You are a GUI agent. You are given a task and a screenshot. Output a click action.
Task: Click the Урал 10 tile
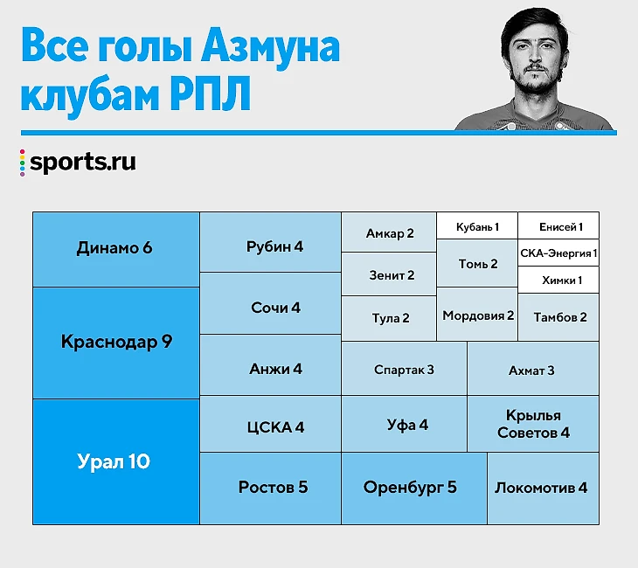116,461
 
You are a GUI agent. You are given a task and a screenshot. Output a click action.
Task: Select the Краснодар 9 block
116,343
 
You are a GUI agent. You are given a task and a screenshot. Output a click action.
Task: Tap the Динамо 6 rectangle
116,249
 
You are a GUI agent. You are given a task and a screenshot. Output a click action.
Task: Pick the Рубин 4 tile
271,242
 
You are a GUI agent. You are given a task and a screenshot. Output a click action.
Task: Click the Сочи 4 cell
271,303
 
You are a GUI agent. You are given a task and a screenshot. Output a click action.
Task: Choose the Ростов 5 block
271,488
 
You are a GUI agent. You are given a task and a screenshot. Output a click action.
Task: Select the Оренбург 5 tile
414,488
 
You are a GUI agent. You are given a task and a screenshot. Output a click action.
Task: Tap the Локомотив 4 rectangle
544,488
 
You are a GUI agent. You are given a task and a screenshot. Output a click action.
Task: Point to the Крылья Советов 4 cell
533,424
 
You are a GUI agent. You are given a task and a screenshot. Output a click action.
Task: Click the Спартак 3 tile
404,368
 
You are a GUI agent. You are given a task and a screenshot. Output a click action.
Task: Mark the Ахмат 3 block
533,368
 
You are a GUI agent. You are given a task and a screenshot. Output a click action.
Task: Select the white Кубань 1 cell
477,225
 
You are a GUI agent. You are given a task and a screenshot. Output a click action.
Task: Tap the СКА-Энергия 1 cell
558,253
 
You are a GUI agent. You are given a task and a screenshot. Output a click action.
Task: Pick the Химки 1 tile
558,280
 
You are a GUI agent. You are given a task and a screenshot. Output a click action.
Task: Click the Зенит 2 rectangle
389,274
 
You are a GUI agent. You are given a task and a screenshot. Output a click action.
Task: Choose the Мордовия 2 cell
477,314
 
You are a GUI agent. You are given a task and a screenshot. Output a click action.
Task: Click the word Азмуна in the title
271,47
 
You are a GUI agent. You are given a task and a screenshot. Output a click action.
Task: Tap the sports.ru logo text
83,163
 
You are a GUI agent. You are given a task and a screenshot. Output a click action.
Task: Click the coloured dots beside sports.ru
23,163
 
